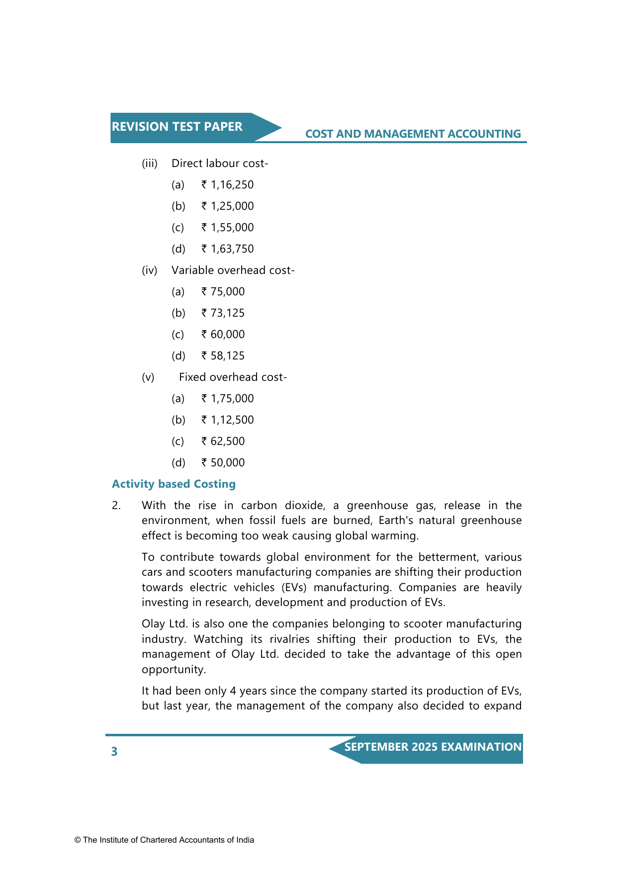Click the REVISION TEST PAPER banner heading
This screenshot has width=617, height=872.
coord(177,127)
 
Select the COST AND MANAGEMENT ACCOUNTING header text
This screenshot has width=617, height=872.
coord(413,134)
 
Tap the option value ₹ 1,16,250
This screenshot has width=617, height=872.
coord(227,185)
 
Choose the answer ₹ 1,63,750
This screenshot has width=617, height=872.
coord(227,249)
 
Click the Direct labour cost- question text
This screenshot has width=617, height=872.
coord(220,164)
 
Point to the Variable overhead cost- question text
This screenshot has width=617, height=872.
coord(233,270)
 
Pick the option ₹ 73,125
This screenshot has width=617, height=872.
coord(223,313)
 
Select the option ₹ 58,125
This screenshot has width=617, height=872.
coord(223,356)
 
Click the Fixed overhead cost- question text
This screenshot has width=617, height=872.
coord(233,377)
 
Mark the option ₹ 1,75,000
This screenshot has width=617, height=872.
coord(227,399)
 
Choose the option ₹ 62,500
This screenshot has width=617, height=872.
coord(223,441)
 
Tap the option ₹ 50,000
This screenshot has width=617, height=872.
coord(223,463)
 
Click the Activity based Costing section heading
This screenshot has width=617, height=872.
coord(174,484)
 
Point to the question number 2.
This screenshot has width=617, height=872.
coord(116,506)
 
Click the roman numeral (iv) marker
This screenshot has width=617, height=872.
coord(149,270)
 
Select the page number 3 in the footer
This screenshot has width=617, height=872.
coord(114,751)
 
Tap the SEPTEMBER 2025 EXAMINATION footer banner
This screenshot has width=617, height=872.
coord(433,747)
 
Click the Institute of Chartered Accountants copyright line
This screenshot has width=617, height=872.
coord(164,840)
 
